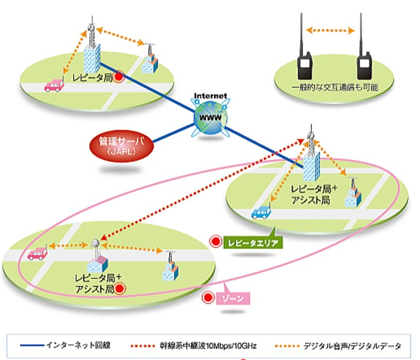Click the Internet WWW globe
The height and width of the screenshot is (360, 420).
pos(211,117)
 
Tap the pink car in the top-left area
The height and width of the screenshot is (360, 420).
pos(52,86)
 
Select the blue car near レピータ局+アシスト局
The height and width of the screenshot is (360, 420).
pos(262,212)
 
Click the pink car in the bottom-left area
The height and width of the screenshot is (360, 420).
pos(37,253)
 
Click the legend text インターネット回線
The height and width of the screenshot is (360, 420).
pos(79,343)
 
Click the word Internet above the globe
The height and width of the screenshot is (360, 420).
pos(211,96)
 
